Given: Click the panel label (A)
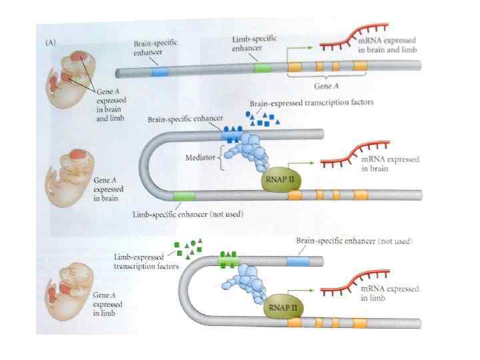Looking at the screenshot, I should [50, 41].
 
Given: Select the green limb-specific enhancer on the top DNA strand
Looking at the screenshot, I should [263, 67].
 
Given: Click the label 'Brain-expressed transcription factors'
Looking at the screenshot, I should [311, 103].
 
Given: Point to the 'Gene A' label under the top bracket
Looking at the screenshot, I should [327, 86].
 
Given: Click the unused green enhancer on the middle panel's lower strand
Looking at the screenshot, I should [183, 195].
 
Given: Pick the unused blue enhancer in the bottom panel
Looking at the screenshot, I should [297, 259].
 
